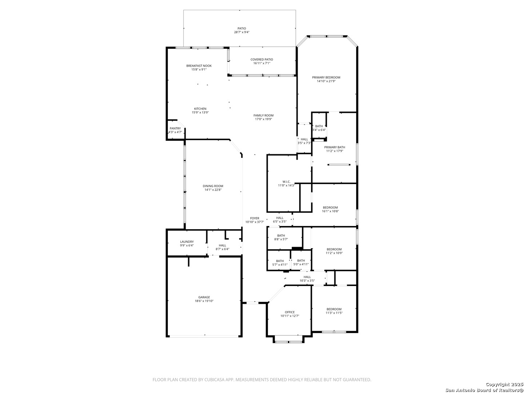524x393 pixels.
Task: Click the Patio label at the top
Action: click(242, 28)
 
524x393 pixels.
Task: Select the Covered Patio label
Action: click(262, 60)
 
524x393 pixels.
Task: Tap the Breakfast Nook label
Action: click(199, 66)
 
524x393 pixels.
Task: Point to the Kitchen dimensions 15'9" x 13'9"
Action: click(200, 113)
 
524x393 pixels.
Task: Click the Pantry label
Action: click(175, 128)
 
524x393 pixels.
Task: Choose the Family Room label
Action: click(263, 116)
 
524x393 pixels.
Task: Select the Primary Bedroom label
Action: click(326, 78)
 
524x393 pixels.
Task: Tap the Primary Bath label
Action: click(334, 147)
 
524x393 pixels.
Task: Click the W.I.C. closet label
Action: click(286, 182)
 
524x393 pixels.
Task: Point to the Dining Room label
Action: click(213, 186)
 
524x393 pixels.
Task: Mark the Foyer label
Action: click(255, 218)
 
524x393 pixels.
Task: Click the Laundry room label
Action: click(187, 242)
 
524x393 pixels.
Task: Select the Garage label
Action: click(204, 297)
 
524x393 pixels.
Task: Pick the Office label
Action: click(290, 312)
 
